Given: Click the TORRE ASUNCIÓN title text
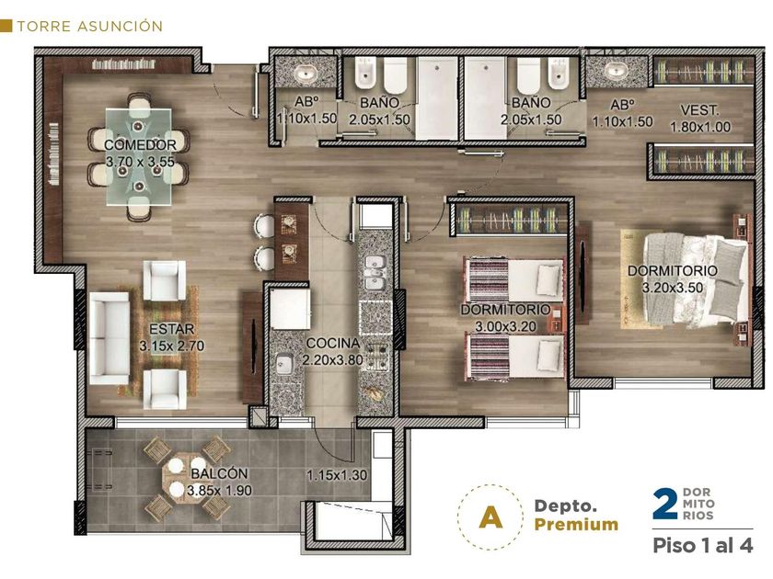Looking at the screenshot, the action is point(90,26).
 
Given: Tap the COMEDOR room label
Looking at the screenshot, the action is point(140,145).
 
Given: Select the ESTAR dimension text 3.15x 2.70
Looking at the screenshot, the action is point(171,346).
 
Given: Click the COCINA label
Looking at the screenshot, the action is point(333,343).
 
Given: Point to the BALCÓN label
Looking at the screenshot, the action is point(219,473).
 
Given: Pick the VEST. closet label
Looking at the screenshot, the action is point(699,109).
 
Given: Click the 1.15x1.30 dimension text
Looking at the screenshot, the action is point(337,476).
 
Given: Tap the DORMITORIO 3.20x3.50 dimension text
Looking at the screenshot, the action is point(673,288).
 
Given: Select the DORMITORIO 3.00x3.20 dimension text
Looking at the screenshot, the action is point(506,326).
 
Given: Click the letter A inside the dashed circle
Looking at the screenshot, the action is point(490,517).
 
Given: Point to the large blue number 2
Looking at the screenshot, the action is point(665,504).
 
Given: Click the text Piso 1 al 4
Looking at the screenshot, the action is point(703,546).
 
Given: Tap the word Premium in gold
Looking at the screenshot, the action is point(576,525).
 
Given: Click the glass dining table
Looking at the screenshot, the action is point(140,156).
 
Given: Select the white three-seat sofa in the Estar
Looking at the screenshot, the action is point(110,338).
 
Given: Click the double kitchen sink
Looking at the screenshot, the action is point(375,273).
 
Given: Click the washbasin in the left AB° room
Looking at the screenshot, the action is point(306,74).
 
